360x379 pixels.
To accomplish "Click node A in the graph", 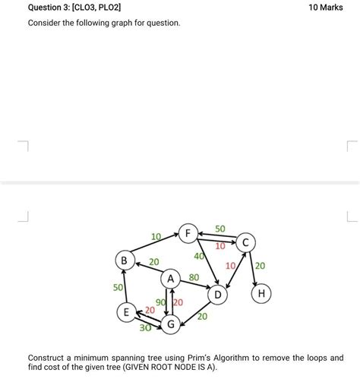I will tap(171, 279).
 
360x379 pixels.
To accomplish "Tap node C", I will tap(246, 243).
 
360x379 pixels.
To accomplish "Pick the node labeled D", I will tap(217, 293).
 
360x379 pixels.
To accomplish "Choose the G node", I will tap(172, 324).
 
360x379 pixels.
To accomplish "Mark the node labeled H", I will tap(263, 293).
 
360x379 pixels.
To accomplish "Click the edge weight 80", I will tap(194, 278).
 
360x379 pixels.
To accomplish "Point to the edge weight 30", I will tap(144, 328).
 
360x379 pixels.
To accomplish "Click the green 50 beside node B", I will tap(118, 288).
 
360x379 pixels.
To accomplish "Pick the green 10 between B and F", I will tap(156, 237).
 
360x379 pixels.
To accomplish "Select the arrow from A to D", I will tap(195, 287).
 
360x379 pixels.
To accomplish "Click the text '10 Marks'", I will tap(326, 7).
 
